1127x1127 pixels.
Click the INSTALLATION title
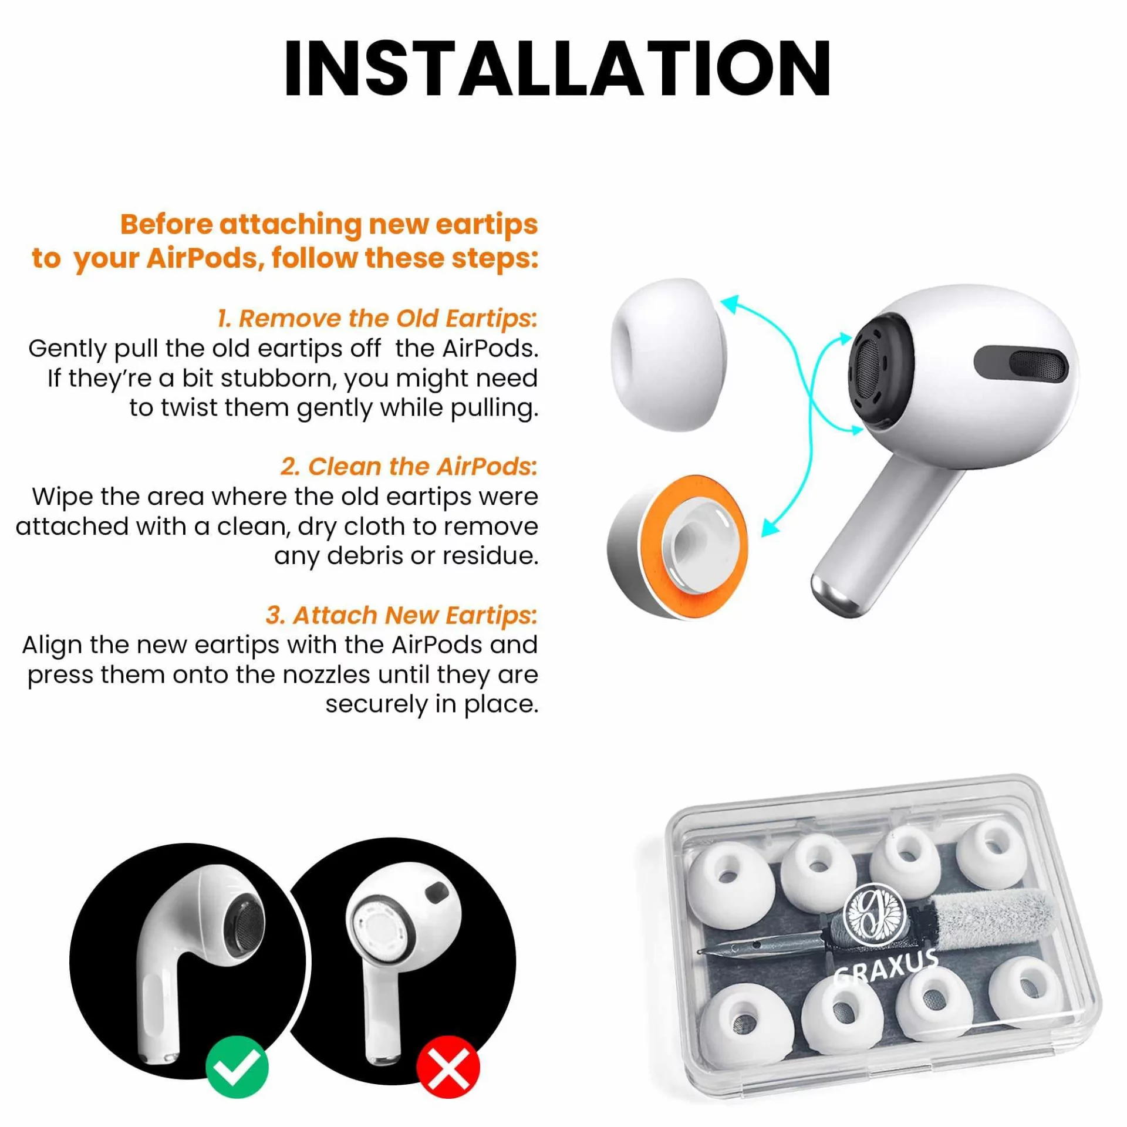[x=556, y=69]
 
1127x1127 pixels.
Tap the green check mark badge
[x=237, y=1067]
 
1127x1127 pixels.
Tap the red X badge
[x=447, y=1067]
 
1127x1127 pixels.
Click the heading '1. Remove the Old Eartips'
[x=377, y=318]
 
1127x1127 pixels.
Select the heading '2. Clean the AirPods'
[x=409, y=467]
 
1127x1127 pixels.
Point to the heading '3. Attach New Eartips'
[x=401, y=615]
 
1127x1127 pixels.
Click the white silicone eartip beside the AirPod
[x=669, y=355]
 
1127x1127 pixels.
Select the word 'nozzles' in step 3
[x=326, y=675]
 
